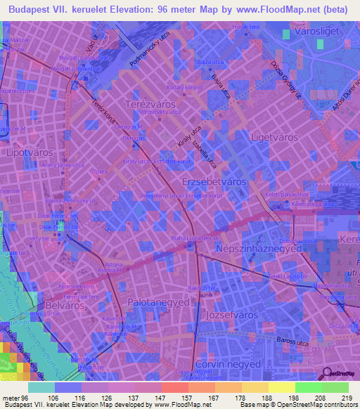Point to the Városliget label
coord(315,32)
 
